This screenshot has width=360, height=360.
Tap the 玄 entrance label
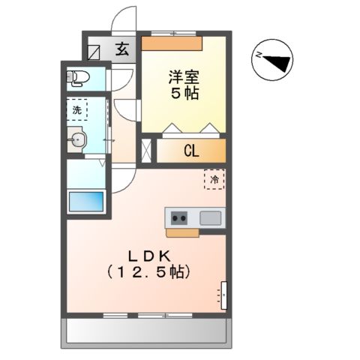pos(121,50)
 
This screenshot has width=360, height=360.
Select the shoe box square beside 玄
pos(94,52)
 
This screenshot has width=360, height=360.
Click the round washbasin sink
pos(76,139)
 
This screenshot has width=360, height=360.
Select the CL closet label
pos(191,150)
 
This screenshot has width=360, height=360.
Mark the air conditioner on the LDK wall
pos(223,295)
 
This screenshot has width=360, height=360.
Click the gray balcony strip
pos(147,330)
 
